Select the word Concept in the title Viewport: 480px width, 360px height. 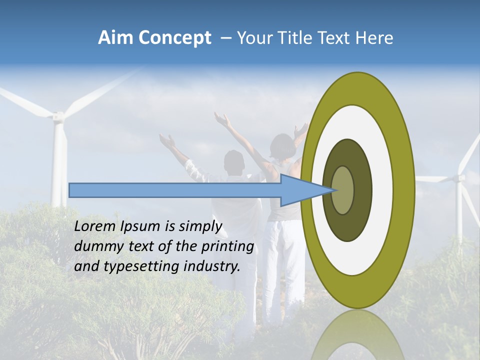pyautogui.click(x=174, y=38)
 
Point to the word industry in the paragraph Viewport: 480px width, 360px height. pyautogui.click(x=212, y=267)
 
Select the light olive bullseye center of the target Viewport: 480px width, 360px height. pyautogui.click(x=343, y=190)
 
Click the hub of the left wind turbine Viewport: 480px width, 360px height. pyautogui.click(x=59, y=118)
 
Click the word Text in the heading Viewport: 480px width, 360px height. pyautogui.click(x=337, y=38)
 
